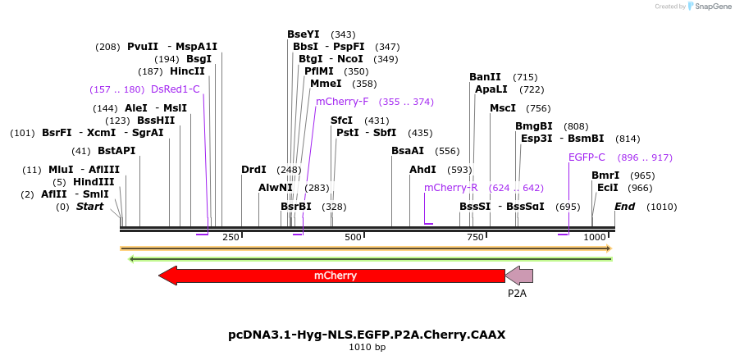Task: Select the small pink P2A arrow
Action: tap(519, 276)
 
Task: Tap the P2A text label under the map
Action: tap(517, 293)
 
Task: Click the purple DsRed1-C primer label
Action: tap(175, 89)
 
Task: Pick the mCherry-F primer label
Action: tap(342, 102)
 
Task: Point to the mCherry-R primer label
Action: tap(450, 188)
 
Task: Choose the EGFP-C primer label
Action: tap(587, 157)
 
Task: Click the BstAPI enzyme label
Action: tap(116, 151)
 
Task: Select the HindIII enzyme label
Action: tap(94, 182)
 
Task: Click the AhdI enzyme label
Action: tap(422, 170)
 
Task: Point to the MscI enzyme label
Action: tap(503, 108)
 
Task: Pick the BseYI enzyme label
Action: tap(304, 34)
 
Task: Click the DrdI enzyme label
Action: tap(253, 170)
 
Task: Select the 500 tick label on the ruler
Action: tap(353, 237)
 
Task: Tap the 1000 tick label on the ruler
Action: tap(595, 237)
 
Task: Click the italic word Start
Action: tap(90, 207)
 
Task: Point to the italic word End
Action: tap(624, 207)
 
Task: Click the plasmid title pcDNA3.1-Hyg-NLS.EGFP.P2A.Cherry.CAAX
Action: tap(367, 335)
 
